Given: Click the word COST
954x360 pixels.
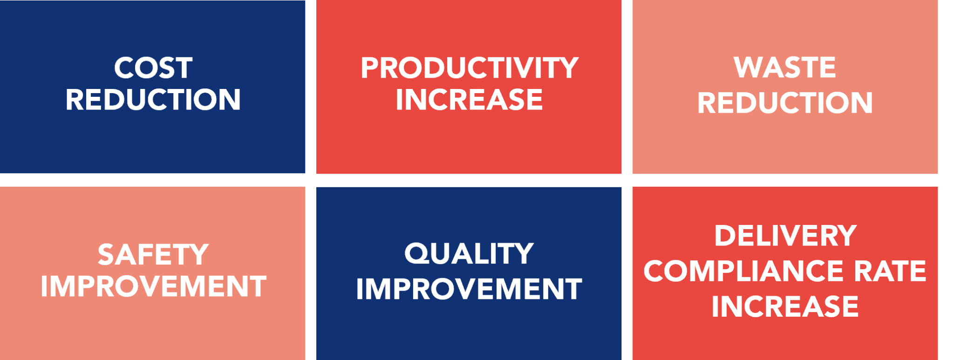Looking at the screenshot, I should (x=153, y=68).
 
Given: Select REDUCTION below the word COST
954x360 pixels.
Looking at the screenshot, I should (x=153, y=100).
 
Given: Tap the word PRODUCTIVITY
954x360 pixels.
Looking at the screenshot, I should (x=469, y=68).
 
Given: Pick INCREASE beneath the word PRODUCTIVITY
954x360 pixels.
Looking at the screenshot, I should (x=469, y=100).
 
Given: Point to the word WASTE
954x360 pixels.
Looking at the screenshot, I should (x=785, y=68).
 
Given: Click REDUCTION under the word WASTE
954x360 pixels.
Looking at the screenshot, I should (x=785, y=102).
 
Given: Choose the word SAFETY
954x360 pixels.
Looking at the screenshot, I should (x=153, y=255).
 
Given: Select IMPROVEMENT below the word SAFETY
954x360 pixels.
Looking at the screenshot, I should (x=153, y=286).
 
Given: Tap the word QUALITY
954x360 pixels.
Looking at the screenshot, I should (x=469, y=254).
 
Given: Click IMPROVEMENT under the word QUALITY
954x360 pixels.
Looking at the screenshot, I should (x=469, y=289).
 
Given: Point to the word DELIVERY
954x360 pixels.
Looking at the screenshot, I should (x=785, y=236).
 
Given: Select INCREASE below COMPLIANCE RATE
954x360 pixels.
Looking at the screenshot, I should (x=785, y=306).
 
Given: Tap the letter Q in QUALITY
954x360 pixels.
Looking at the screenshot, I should (x=416, y=254).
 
